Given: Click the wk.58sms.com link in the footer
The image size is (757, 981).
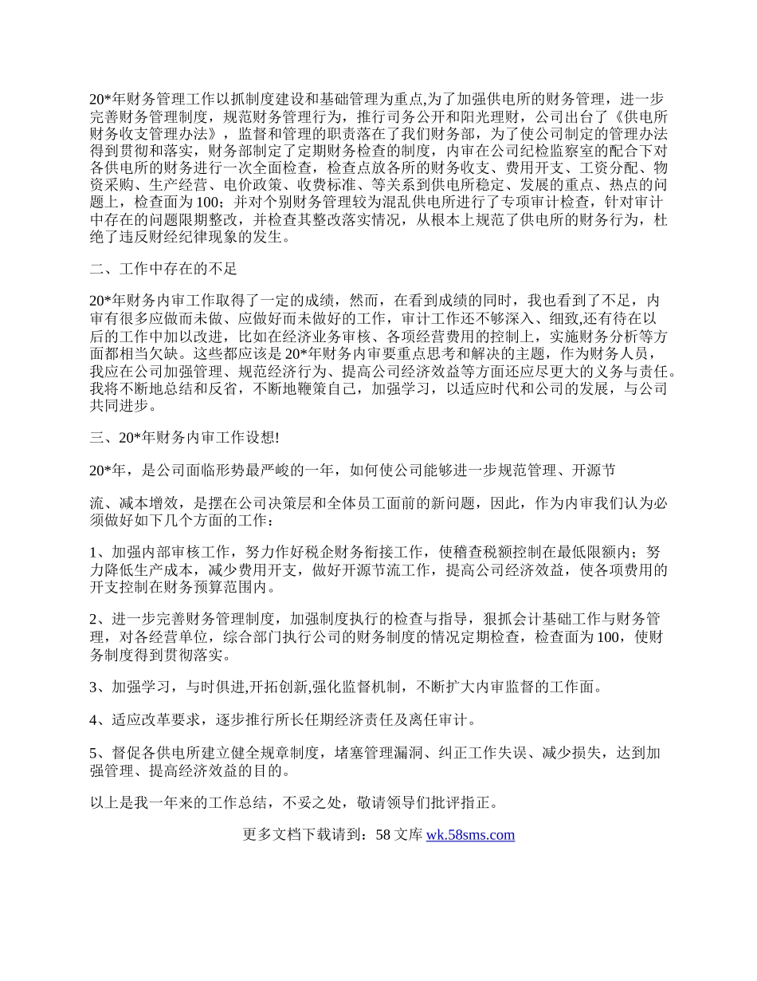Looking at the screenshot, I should [x=470, y=835].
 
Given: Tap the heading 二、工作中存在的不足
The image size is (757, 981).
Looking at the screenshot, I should [x=163, y=269].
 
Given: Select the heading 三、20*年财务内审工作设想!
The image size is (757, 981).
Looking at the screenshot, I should [x=184, y=435].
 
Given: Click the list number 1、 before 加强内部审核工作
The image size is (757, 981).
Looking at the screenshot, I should [x=100, y=553].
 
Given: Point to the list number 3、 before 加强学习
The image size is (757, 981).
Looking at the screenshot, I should [x=100, y=687].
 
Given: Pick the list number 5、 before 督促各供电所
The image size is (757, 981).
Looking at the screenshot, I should [x=100, y=754].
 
